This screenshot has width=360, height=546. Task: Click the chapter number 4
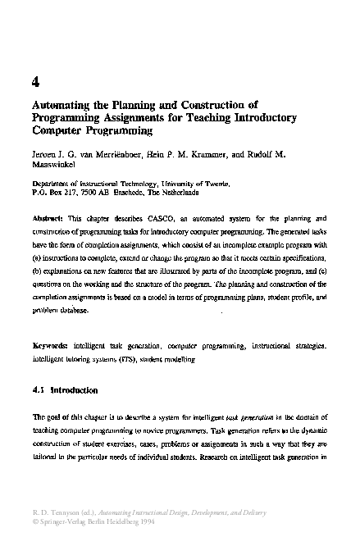click(34, 81)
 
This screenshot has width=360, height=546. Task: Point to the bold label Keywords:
click(50, 346)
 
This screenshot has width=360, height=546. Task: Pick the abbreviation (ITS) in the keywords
click(113, 358)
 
